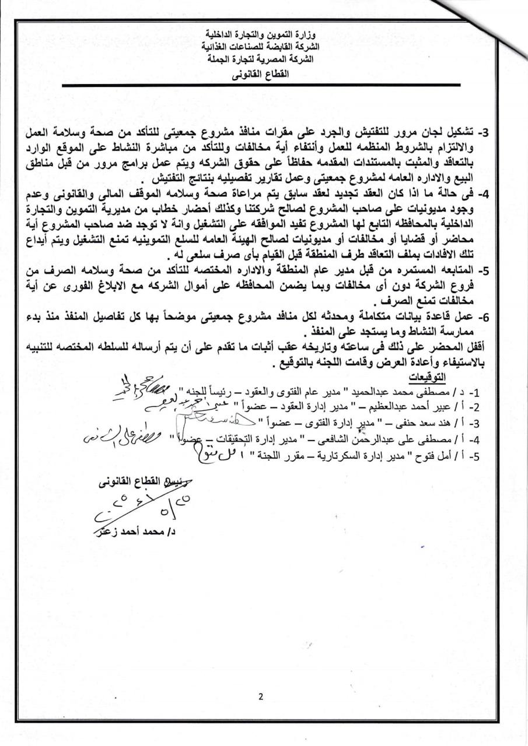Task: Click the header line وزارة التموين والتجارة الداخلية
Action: pos(259,34)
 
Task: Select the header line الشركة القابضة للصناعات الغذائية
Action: pos(260,45)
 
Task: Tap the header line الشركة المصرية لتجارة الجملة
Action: pos(260,59)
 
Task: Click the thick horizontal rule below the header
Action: pos(260,86)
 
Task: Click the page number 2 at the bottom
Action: pos(261,696)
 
